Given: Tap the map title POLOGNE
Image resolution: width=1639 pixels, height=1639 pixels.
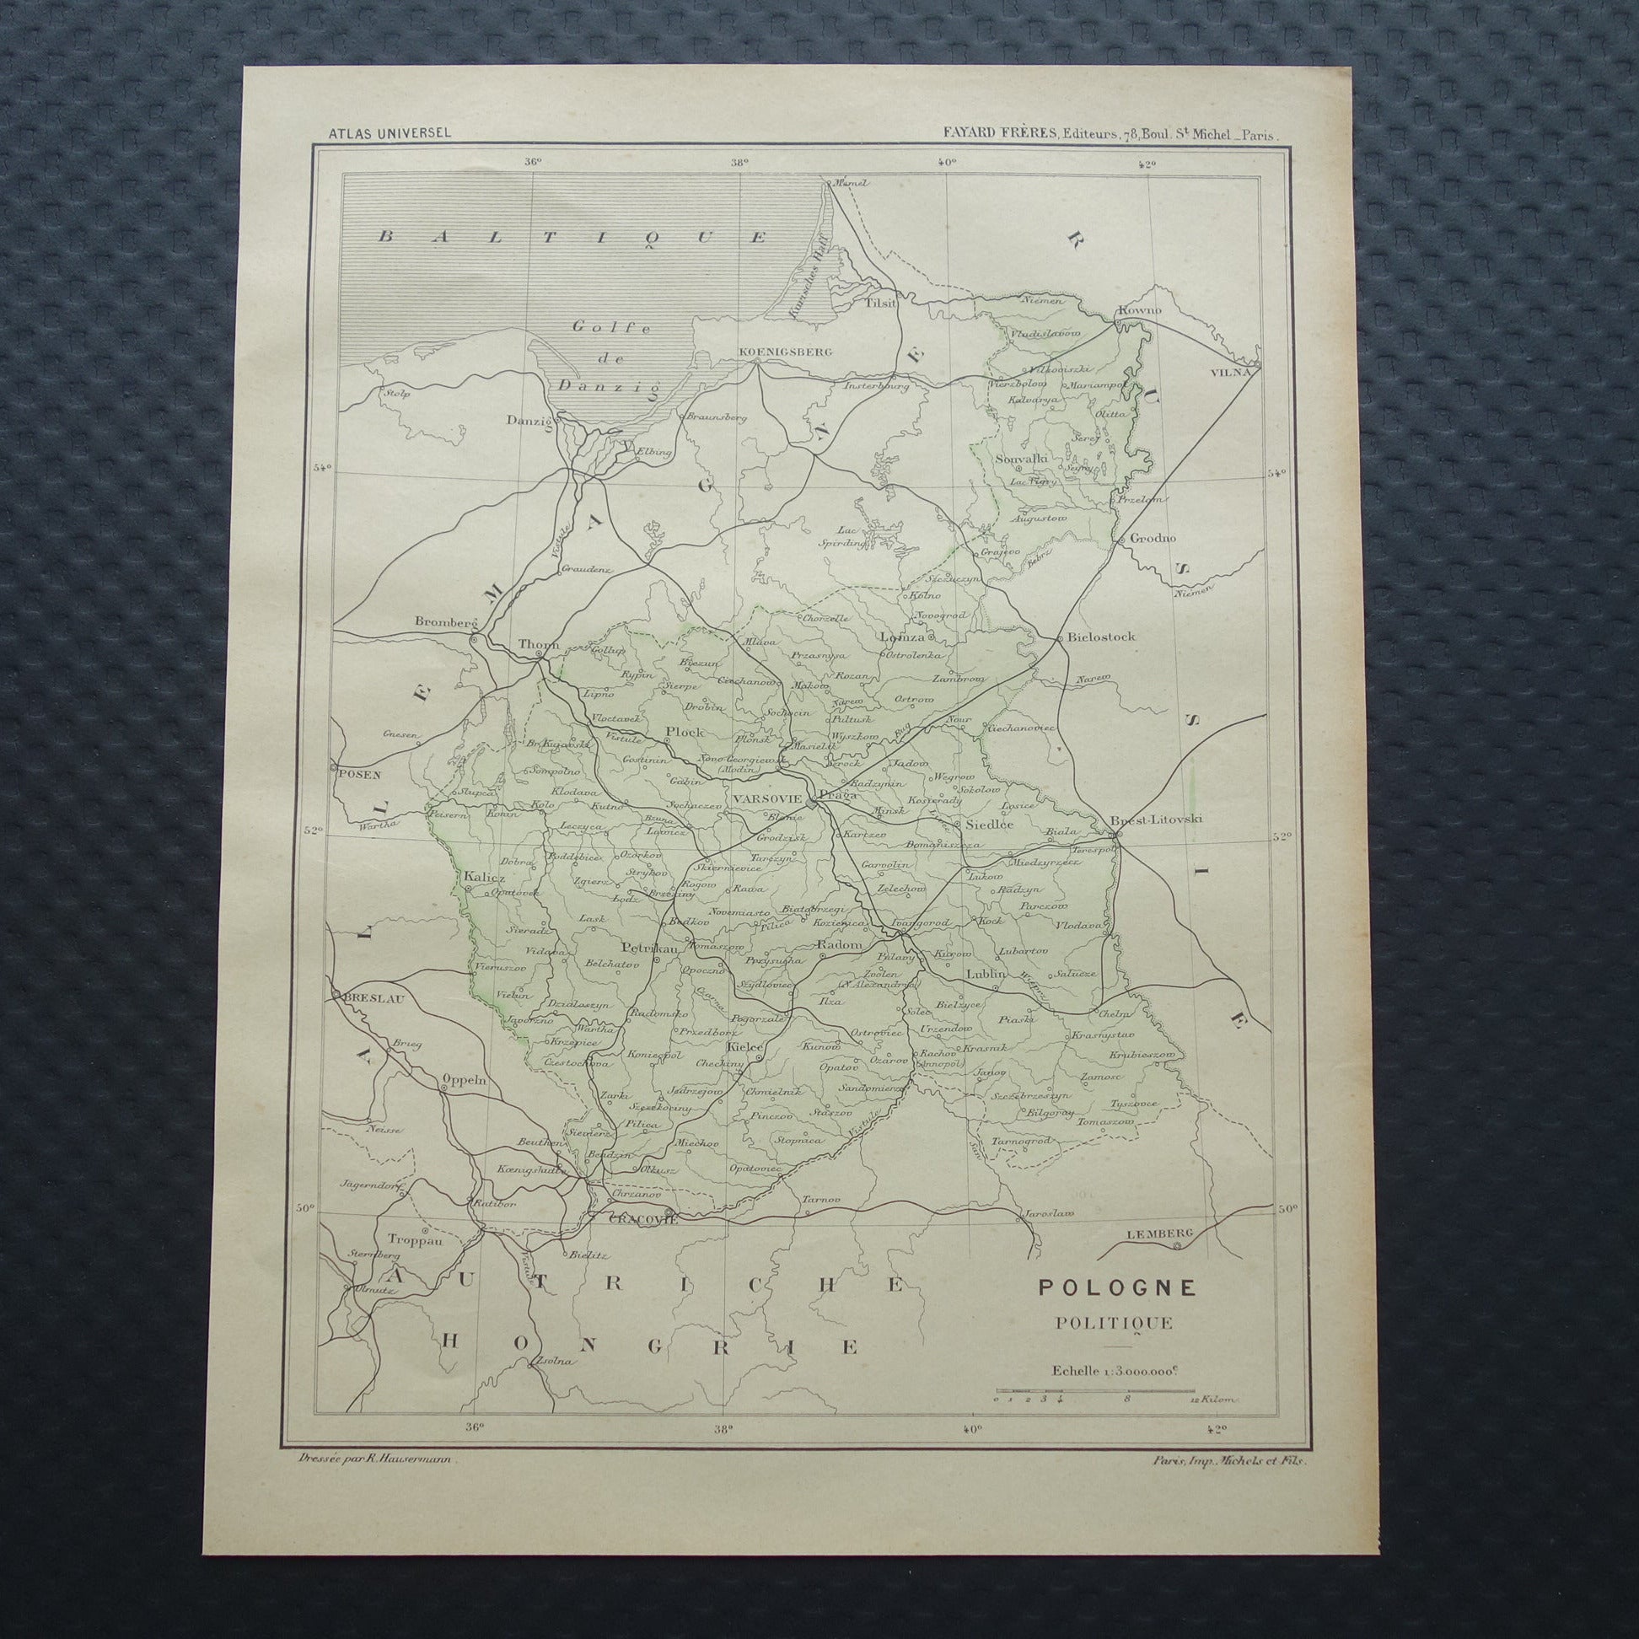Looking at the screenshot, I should (1118, 1287).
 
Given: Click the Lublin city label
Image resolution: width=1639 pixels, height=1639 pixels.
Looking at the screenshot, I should (984, 975).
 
